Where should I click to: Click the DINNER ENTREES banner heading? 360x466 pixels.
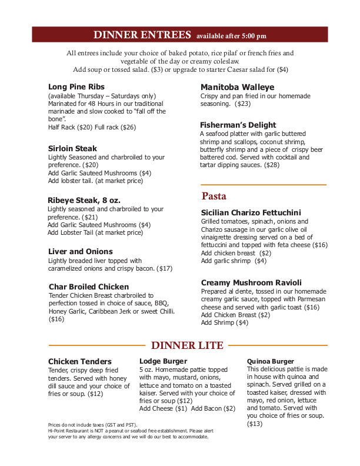(x=142, y=34)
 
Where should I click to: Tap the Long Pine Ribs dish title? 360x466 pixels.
(x=76, y=86)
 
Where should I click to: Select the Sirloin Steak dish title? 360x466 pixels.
(x=72, y=148)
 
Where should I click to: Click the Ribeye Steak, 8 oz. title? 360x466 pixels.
(x=84, y=200)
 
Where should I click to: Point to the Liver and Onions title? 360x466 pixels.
(x=80, y=251)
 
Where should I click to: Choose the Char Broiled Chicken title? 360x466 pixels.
(x=89, y=287)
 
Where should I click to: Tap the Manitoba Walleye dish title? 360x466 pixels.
(x=237, y=87)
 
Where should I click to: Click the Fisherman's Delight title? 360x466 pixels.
(x=238, y=125)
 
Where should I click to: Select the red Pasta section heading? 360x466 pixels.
(x=214, y=196)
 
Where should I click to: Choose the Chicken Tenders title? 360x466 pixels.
(x=79, y=361)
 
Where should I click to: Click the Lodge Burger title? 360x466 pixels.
(x=163, y=361)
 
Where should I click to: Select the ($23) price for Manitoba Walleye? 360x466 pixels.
(x=242, y=104)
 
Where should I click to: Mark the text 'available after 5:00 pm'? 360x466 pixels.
(x=231, y=36)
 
